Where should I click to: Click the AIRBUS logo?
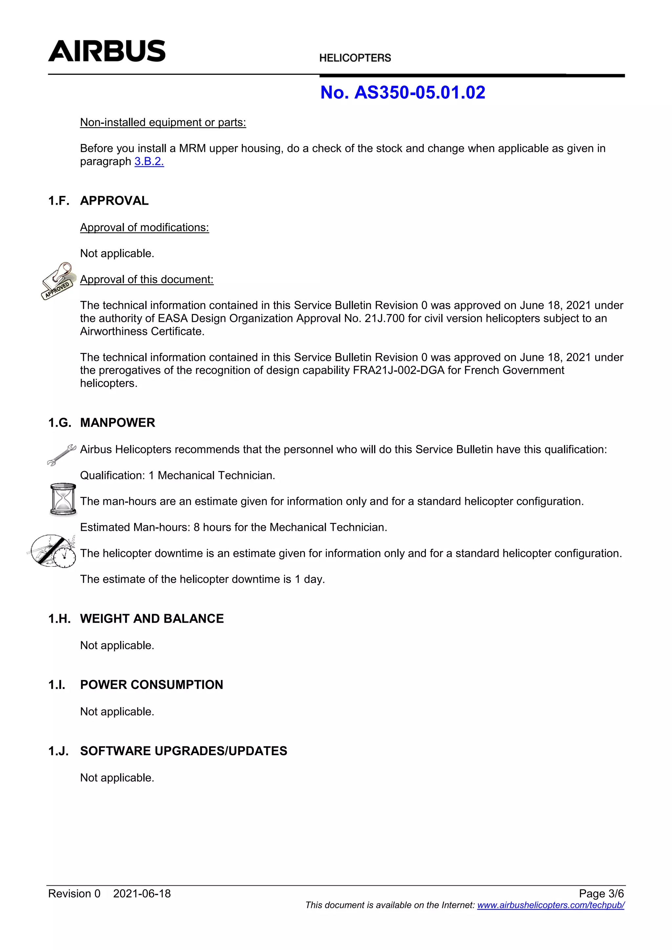pos(107,51)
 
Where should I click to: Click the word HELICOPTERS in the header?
pos(355,58)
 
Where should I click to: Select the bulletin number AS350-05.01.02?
pos(420,92)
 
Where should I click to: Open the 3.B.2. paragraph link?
pos(149,161)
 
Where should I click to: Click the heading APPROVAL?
pos(114,201)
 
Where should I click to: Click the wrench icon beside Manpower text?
pos(61,454)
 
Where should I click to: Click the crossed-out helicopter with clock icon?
pos(53,551)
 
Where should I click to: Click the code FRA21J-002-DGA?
pos(398,370)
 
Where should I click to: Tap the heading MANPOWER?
pos(117,423)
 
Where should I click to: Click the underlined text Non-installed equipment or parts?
pos(163,122)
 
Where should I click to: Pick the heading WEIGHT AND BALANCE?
pos(152,619)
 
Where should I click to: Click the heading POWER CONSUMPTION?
pos(152,685)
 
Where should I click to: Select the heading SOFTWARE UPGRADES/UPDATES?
pos(183,751)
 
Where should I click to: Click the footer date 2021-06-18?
pos(142,894)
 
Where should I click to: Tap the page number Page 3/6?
pos(601,894)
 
